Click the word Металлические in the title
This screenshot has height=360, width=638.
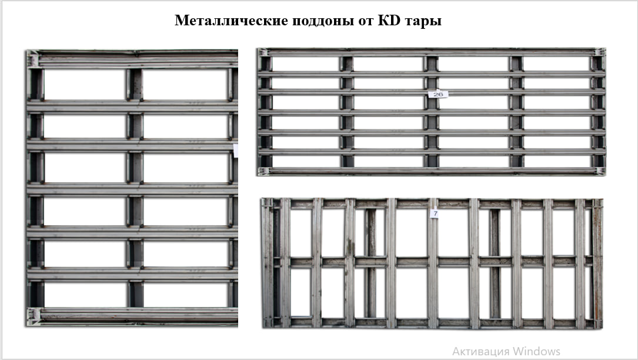pos(232,21)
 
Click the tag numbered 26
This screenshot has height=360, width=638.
pos(438,95)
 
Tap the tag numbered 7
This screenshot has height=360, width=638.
pos(435,214)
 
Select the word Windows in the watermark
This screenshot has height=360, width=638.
pos(536,351)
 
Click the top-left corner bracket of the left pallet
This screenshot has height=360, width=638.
pos(33,59)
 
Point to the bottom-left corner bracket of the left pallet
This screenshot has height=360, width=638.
pos(34,316)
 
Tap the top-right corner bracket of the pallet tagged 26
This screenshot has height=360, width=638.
pos(600,52)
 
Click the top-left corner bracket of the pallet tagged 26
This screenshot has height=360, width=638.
pos(263,52)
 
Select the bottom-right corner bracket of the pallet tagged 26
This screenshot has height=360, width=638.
pos(599,171)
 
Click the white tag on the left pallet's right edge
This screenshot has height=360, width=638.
pos(236,150)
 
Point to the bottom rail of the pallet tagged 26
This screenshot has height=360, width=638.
pos(431,171)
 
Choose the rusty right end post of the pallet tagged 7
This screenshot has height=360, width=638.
pos(597,263)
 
